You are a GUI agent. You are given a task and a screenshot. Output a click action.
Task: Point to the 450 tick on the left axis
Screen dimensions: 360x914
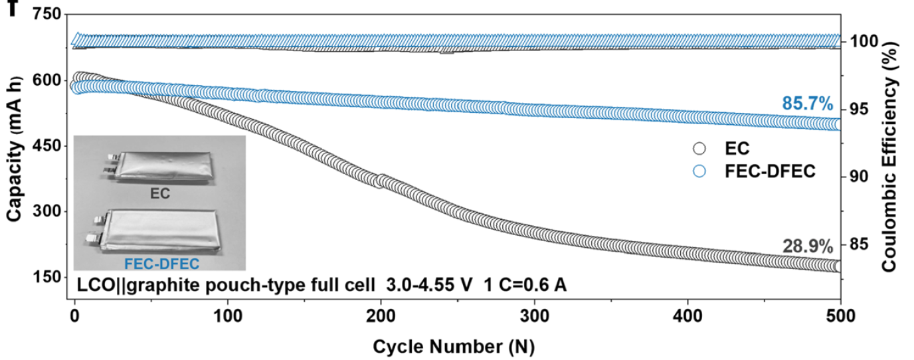point(44,147)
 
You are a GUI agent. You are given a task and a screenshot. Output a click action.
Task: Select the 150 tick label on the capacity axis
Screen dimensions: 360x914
point(44,278)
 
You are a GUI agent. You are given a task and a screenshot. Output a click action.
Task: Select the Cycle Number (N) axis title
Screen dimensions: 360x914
point(454,347)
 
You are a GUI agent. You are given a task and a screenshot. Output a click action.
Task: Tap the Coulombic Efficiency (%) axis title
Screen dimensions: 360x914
point(895,153)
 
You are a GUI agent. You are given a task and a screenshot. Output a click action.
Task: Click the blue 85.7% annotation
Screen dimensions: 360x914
point(807,104)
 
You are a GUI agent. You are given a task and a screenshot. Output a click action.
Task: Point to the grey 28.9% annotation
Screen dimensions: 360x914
point(807,247)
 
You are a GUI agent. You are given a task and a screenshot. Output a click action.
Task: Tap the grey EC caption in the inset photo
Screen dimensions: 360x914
point(160,194)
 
